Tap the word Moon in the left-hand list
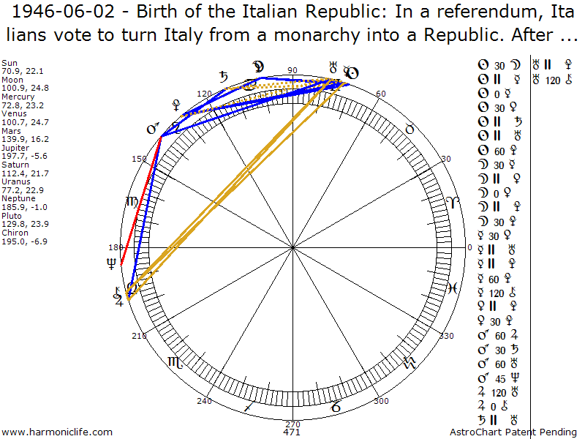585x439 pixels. tap(12, 80)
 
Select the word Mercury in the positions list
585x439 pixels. tap(18, 97)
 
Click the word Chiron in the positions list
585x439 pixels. tap(15, 233)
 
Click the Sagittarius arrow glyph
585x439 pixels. tap(250, 405)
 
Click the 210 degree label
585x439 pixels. tap(139, 336)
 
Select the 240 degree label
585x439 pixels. tap(204, 401)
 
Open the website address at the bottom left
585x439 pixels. tap(58, 432)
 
